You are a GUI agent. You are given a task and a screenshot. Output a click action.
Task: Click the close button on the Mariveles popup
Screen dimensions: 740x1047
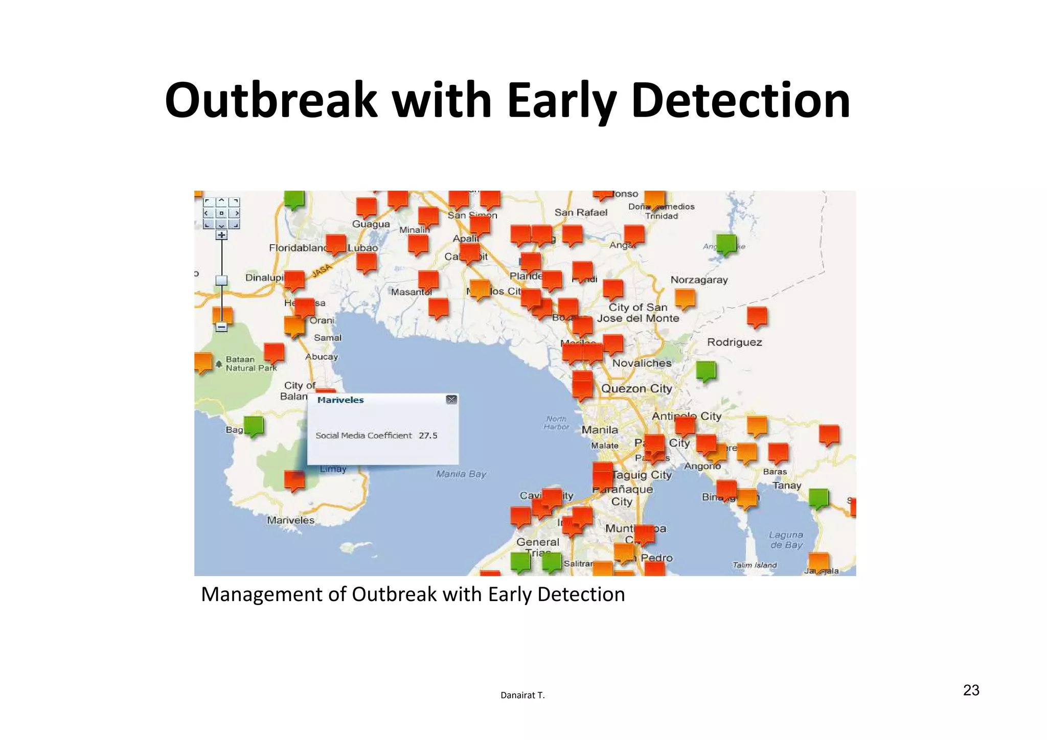[451, 400]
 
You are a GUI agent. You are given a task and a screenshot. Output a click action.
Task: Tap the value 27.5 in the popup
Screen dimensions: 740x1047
[428, 435]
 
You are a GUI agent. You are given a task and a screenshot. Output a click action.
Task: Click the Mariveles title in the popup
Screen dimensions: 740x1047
[340, 400]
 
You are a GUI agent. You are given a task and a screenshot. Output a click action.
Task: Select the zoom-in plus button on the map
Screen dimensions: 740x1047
[221, 235]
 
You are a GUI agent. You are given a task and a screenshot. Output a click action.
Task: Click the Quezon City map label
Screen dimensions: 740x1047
[636, 389]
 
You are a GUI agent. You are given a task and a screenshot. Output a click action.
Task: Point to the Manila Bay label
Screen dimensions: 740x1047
[461, 474]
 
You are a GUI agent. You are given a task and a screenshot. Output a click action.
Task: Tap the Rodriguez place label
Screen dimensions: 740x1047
[734, 342]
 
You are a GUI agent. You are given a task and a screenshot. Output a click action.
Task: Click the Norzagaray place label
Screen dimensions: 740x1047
[699, 280]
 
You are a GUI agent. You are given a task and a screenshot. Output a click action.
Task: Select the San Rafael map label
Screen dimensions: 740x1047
[581, 213]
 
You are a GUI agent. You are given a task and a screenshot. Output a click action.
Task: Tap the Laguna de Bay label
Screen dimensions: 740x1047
[786, 540]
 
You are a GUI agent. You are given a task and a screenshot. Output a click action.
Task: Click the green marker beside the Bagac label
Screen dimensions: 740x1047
[254, 425]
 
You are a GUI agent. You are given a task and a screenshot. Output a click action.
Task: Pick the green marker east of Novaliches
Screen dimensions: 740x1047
[706, 370]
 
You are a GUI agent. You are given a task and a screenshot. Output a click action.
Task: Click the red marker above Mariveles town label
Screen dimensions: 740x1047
[294, 480]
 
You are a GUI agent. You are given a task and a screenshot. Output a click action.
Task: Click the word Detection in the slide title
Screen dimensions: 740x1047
[741, 100]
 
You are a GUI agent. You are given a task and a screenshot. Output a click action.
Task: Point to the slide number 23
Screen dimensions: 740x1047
[971, 690]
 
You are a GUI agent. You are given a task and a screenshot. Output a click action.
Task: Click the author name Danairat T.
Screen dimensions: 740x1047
[522, 695]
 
